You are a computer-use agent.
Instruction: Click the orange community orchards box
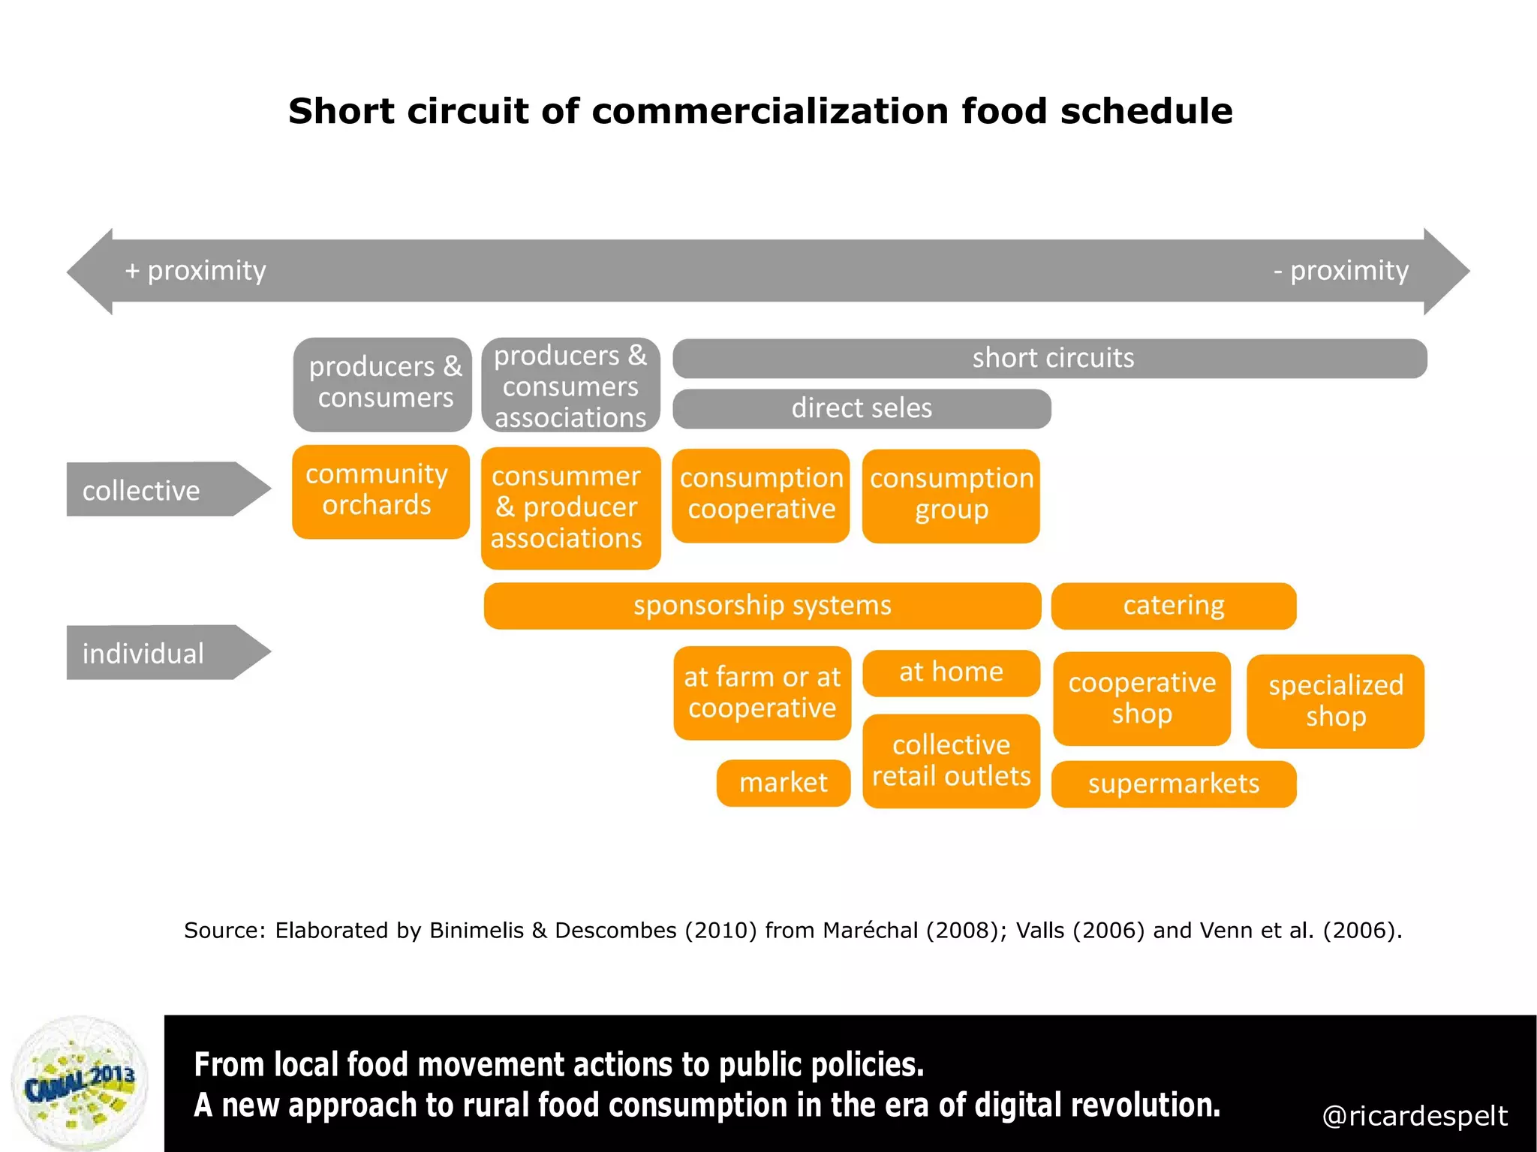380,492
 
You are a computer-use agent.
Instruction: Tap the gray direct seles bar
861,408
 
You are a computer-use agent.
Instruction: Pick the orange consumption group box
951,495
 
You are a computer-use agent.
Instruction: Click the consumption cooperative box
760,495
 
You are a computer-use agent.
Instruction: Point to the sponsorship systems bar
762,605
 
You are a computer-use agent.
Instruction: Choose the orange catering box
1173,605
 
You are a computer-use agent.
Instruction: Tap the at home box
951,672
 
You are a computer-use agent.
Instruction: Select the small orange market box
783,783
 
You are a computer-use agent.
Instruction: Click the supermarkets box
1173,784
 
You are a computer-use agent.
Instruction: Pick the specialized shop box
1334,700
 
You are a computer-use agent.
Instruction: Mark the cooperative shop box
1141,698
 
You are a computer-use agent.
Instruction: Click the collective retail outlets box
951,760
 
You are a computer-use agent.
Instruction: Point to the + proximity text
195,270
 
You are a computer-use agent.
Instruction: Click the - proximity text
1340,270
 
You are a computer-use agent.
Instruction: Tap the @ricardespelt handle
1414,1116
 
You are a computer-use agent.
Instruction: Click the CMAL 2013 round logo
80,1083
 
